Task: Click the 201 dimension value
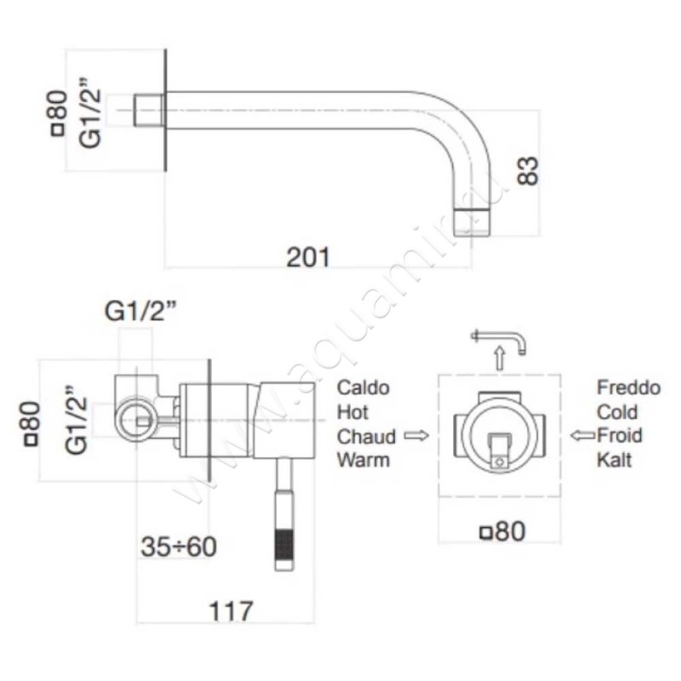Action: tap(308, 257)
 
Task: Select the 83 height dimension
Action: tap(529, 171)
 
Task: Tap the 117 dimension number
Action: tap(231, 611)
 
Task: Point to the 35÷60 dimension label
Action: tap(179, 547)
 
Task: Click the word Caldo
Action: tap(363, 388)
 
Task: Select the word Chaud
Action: tap(366, 437)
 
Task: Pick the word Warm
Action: tap(363, 460)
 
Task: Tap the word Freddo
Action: tap(628, 387)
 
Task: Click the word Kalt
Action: tap(614, 460)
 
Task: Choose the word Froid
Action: tap(620, 435)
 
